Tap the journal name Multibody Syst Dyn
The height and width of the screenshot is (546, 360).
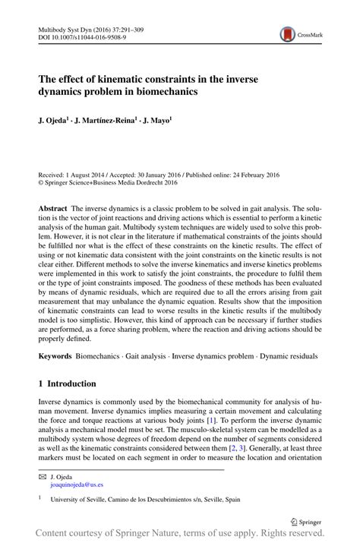point(67,29)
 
